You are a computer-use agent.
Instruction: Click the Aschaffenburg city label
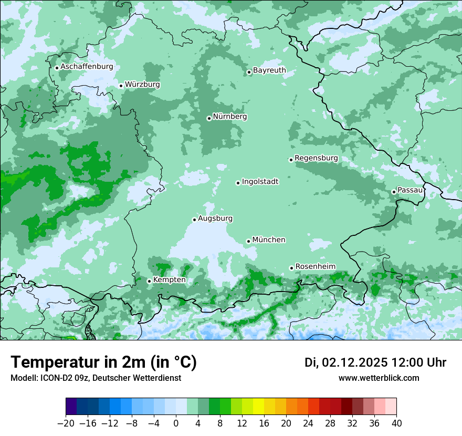point(87,67)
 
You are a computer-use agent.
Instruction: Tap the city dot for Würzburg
point(121,86)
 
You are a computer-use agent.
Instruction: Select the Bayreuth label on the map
point(269,70)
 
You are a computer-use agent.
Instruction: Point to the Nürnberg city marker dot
point(209,118)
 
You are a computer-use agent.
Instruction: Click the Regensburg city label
point(316,158)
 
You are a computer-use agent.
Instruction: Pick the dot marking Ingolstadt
point(238,183)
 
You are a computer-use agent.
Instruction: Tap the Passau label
point(409,190)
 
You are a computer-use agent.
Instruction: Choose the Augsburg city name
point(215,218)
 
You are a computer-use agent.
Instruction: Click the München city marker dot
point(248,241)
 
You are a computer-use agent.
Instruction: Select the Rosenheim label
point(315,266)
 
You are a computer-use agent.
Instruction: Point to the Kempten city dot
point(149,281)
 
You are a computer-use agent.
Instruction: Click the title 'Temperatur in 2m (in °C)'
point(103,362)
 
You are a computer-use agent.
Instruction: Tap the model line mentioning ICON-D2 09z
point(96,378)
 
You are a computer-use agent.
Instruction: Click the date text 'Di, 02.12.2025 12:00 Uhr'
point(375,362)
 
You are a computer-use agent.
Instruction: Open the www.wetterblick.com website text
point(379,378)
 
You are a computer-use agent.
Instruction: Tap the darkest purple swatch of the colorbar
point(71,407)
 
